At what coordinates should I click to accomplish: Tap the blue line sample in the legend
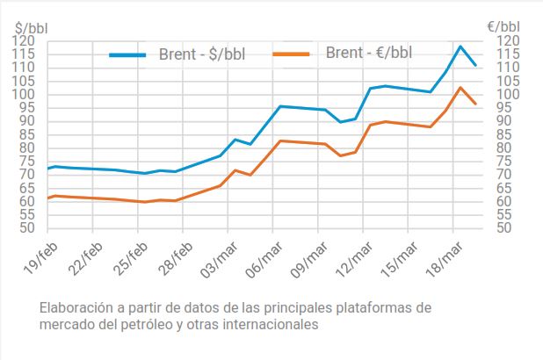(139, 54)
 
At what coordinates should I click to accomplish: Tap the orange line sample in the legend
(292, 54)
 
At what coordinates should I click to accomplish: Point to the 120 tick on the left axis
(24, 41)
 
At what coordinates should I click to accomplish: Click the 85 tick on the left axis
(24, 134)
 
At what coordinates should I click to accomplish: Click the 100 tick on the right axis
(508, 95)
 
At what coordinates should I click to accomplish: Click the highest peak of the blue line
(460, 46)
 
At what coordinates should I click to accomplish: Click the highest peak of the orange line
(460, 87)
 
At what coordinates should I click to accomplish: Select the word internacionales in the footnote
(271, 324)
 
